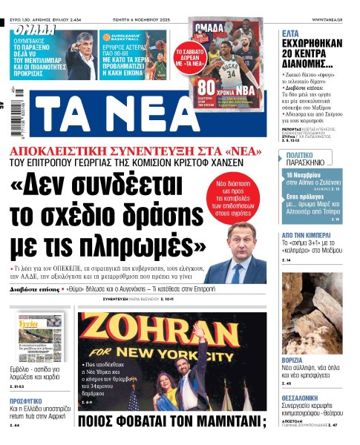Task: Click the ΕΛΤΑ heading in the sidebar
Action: click(x=295, y=33)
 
